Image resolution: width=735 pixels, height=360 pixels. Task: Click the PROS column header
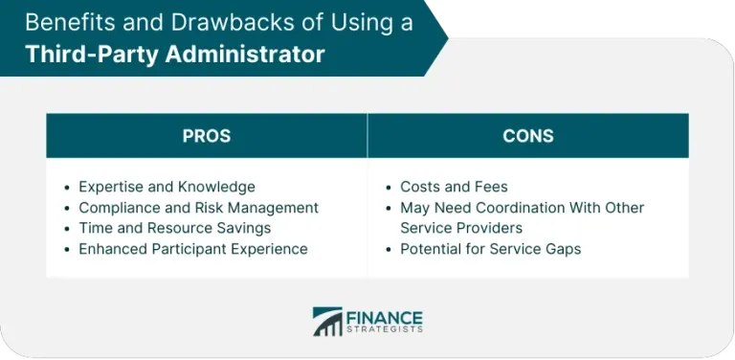(206, 136)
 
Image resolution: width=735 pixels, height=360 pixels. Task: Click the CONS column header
(527, 136)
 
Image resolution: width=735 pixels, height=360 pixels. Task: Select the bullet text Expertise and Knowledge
(167, 187)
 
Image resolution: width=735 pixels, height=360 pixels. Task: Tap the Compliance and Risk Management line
(198, 207)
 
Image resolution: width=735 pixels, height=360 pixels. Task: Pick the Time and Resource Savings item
(174, 228)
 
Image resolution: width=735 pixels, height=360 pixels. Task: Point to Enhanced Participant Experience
(192, 249)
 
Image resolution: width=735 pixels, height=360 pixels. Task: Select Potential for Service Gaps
(490, 249)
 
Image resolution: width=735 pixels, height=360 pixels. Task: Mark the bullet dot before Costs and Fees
(390, 188)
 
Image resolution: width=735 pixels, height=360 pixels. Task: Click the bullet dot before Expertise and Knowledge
(67, 188)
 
